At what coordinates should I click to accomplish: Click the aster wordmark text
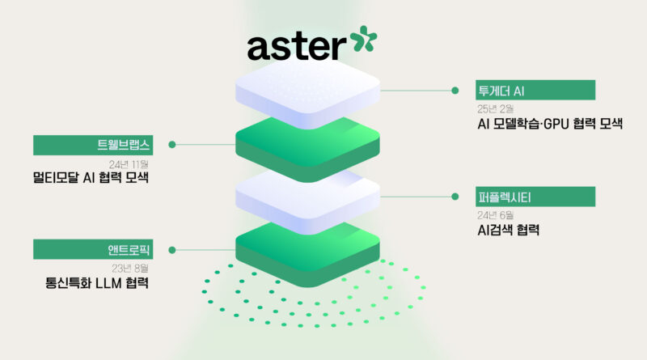click(x=297, y=46)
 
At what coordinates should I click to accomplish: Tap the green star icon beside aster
click(x=363, y=39)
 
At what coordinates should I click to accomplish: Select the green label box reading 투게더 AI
click(x=535, y=90)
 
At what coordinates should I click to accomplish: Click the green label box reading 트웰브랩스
click(x=93, y=145)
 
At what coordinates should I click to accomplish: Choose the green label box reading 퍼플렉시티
click(x=535, y=197)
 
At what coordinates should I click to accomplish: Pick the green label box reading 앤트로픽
click(x=93, y=249)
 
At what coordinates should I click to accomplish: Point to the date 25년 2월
click(x=495, y=109)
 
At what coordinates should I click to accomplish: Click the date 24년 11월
click(x=129, y=164)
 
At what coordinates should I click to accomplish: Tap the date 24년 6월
click(x=495, y=215)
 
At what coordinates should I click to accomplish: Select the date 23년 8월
click(x=130, y=269)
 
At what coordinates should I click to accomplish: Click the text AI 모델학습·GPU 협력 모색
click(x=550, y=124)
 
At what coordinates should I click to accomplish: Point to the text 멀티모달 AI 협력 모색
click(x=91, y=177)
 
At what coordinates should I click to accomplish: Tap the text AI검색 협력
click(x=509, y=230)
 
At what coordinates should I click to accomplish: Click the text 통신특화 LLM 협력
click(x=96, y=283)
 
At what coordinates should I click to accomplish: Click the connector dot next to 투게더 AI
click(x=455, y=91)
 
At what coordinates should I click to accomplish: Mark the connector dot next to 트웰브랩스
click(x=172, y=145)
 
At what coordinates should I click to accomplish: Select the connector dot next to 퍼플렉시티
click(x=455, y=197)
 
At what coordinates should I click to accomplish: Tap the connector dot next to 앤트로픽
click(x=172, y=250)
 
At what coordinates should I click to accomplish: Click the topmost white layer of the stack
click(x=307, y=93)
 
